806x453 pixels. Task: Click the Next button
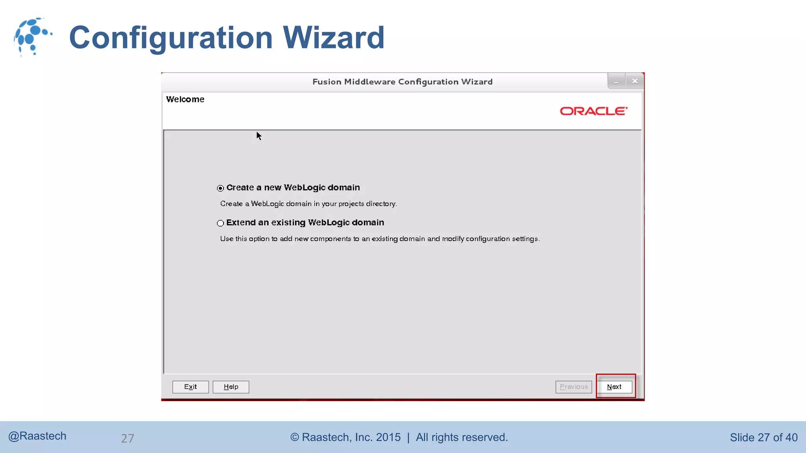[x=614, y=387]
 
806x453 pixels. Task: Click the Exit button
[x=190, y=387]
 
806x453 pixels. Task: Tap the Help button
[x=231, y=387]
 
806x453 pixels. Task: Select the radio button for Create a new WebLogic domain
[x=220, y=188]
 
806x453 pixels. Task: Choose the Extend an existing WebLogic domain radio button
[x=220, y=223]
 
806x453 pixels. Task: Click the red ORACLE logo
[x=593, y=111]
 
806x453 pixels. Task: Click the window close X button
[x=635, y=81]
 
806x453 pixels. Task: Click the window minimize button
[x=616, y=81]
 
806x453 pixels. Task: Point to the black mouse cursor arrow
[x=259, y=136]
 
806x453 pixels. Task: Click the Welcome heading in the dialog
[x=185, y=99]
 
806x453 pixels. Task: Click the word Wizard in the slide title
[x=333, y=38]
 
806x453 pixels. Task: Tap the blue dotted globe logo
[x=32, y=37]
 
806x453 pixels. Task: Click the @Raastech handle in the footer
[x=37, y=436]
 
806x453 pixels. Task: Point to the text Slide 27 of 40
[x=763, y=438]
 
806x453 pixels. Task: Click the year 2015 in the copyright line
[x=388, y=437]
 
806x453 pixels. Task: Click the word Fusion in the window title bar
[x=327, y=82]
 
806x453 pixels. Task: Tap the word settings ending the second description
[x=525, y=239]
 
